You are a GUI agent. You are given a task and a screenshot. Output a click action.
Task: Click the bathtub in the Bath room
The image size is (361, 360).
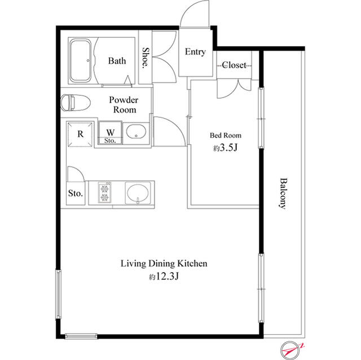tap(80, 60)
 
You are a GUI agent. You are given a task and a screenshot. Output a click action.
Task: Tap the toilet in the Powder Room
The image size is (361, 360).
tap(75, 103)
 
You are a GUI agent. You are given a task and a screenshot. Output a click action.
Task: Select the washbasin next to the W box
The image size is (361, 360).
tap(136, 132)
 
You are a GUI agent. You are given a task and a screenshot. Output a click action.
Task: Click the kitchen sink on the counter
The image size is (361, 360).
tap(138, 193)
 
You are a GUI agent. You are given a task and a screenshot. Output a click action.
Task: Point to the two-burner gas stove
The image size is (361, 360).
tap(104, 193)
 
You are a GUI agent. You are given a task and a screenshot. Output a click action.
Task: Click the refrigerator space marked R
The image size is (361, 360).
tap(80, 134)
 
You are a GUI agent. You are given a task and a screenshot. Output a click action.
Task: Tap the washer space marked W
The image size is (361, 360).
tap(110, 132)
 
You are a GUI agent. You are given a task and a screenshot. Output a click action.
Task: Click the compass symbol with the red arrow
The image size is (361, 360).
tap(291, 350)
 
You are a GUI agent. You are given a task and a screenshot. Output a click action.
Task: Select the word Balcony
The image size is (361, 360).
tap(284, 193)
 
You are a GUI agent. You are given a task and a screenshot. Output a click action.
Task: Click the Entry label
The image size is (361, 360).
tap(195, 52)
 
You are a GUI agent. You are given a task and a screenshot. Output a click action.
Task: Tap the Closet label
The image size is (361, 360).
tap(234, 65)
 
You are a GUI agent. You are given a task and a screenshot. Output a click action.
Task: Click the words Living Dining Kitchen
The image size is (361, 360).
tap(164, 264)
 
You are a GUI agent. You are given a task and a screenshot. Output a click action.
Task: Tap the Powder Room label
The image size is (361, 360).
tap(124, 105)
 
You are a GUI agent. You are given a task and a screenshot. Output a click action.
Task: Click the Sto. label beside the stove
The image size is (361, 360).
tap(75, 193)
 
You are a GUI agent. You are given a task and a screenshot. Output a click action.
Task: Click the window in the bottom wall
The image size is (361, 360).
tap(81, 336)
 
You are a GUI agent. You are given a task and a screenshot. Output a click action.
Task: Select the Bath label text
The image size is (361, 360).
tap(117, 61)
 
